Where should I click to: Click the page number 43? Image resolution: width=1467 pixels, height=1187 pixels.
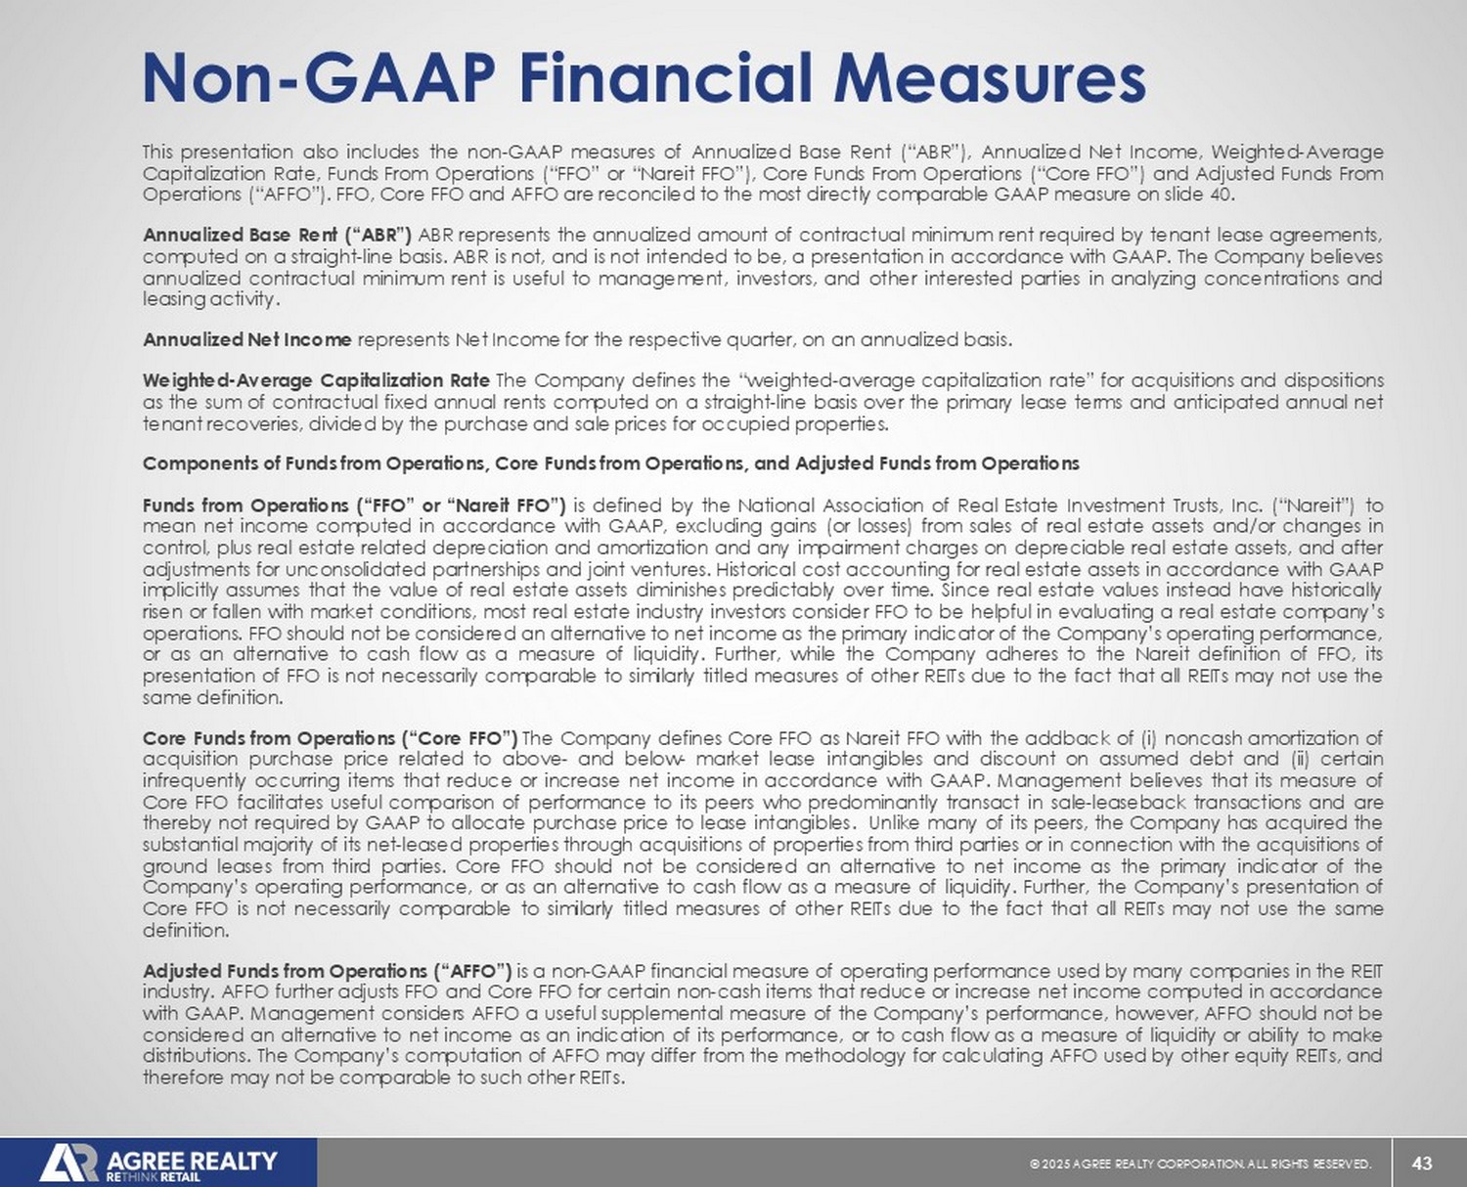(x=1423, y=1163)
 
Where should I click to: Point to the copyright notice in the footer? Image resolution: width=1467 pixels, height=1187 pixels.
(x=1200, y=1164)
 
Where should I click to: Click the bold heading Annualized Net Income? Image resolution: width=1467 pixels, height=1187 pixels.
(x=246, y=340)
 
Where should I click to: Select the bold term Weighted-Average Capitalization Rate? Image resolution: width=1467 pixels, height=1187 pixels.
(x=316, y=380)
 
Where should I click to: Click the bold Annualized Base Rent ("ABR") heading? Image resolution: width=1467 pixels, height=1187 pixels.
(x=277, y=235)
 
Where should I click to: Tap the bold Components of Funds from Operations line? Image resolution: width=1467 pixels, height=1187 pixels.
(x=610, y=463)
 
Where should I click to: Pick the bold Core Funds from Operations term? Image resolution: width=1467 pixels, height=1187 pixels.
(x=330, y=738)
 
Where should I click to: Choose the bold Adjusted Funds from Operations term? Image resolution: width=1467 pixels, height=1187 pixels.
(x=327, y=971)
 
